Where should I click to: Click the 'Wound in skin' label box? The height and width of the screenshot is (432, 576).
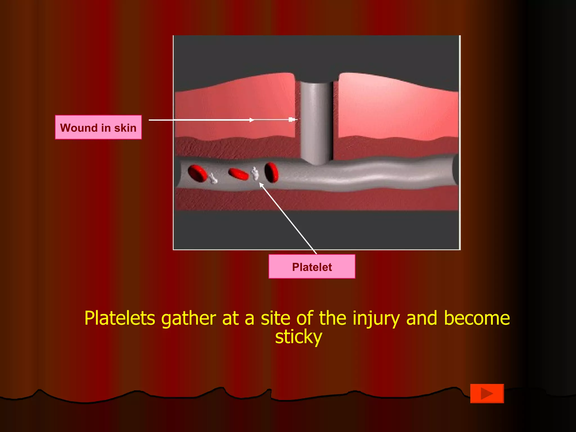point(98,127)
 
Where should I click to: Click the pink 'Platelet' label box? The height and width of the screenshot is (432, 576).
point(312,267)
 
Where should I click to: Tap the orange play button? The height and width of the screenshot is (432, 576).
point(487,393)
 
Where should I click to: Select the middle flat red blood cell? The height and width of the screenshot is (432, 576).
point(238,174)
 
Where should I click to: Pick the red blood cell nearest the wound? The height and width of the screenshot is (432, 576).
point(271,172)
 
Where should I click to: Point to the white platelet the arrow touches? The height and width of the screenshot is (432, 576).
point(255,174)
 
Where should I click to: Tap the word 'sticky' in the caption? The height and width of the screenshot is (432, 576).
point(298,337)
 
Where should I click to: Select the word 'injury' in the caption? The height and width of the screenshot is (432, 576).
point(376,318)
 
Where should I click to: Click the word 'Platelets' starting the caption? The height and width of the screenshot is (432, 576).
point(120,318)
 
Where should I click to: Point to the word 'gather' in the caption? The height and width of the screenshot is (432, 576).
point(188,318)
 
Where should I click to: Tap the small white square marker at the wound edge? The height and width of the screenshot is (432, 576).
point(291,120)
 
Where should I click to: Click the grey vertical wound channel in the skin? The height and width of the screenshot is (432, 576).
point(316,121)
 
